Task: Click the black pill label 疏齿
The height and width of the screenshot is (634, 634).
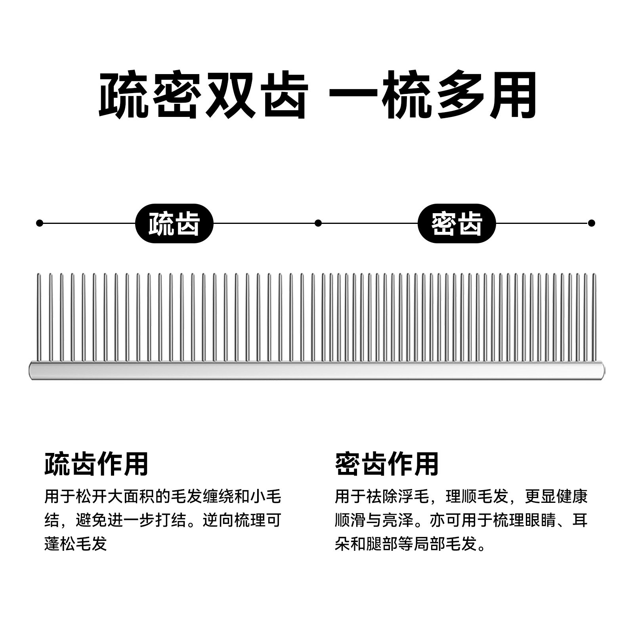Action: [x=174, y=223]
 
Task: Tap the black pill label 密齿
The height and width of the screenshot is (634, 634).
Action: [x=456, y=223]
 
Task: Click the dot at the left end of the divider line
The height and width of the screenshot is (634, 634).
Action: [x=39, y=223]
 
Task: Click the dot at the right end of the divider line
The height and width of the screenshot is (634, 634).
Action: [x=592, y=223]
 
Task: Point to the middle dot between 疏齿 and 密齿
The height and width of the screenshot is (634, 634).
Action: [x=318, y=223]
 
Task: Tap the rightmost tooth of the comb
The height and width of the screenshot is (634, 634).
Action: [x=594, y=317]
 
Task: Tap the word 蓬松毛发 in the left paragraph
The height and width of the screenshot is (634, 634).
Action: [x=76, y=544]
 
